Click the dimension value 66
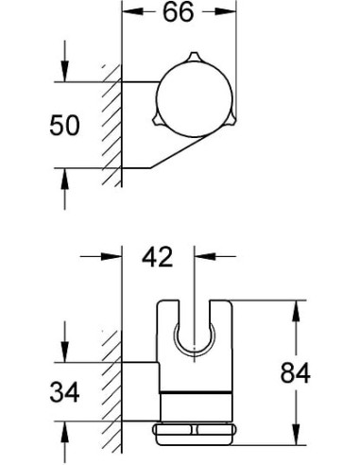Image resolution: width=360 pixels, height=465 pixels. (179, 14)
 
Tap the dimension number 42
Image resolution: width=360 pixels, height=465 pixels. (159, 257)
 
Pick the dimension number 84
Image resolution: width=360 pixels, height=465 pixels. (296, 373)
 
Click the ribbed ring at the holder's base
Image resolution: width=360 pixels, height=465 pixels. (197, 435)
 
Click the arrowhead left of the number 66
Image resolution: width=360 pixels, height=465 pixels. (132, 14)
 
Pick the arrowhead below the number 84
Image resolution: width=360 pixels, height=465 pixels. (297, 437)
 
